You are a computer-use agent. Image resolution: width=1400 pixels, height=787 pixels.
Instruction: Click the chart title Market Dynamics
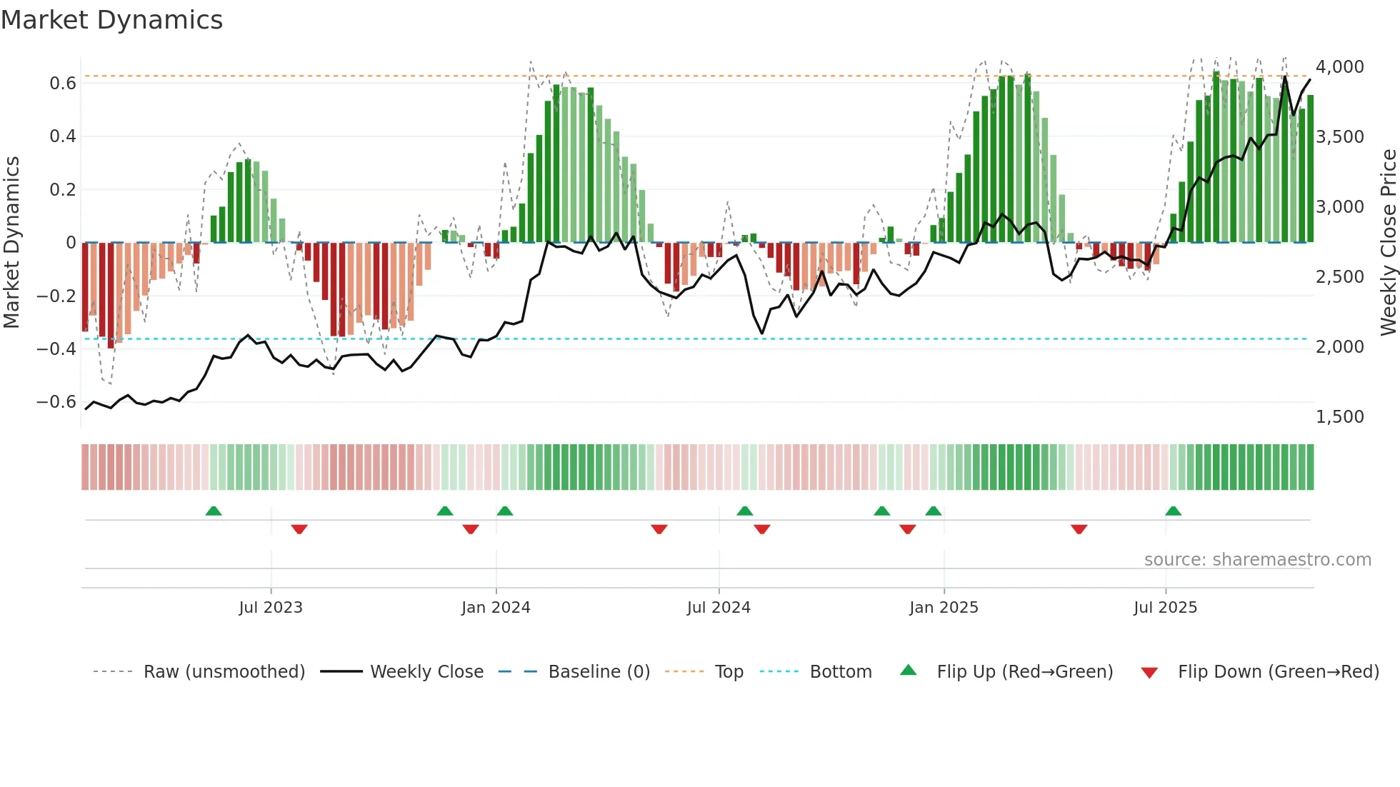tap(111, 20)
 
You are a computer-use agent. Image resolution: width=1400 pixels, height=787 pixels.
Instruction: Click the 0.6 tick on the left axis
tap(63, 84)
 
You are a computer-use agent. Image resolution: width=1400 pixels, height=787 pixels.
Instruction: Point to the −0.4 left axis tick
tap(56, 349)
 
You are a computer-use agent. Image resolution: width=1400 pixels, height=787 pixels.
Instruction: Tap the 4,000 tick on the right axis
tap(1339, 67)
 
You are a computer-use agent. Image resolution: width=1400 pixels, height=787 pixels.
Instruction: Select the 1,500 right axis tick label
tap(1339, 416)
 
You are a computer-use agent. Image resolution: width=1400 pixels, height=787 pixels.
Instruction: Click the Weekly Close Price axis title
tap(1388, 242)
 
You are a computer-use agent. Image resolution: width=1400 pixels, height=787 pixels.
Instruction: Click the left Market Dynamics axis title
tap(11, 242)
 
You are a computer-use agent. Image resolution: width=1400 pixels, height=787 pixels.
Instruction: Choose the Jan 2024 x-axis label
tap(496, 608)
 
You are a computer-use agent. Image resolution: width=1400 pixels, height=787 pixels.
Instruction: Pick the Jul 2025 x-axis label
tap(1165, 608)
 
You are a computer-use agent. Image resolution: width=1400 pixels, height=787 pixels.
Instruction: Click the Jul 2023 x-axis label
tap(271, 608)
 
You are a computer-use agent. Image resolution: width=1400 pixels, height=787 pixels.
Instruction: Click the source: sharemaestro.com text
tap(1257, 560)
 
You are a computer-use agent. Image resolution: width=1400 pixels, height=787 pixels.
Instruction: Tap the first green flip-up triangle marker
tap(214, 511)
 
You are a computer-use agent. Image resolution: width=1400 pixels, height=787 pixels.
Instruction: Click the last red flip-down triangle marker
tap(1079, 529)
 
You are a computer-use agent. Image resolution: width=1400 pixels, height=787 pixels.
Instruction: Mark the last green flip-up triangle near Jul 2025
tap(1173, 511)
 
